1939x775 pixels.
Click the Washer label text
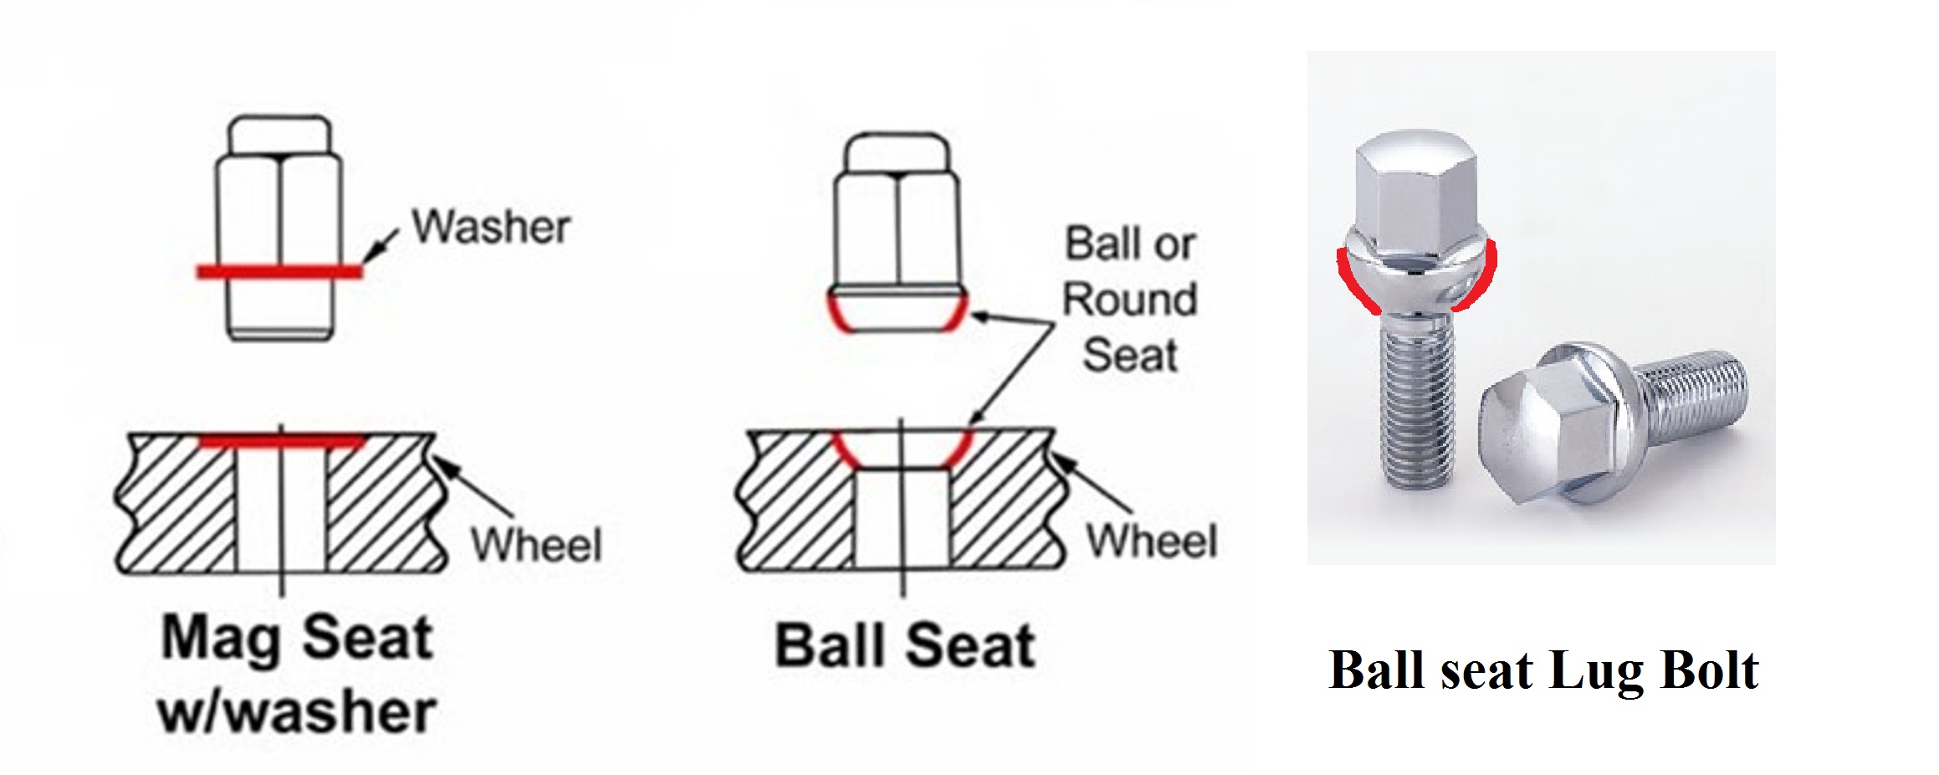(492, 227)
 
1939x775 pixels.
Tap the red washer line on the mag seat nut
(279, 271)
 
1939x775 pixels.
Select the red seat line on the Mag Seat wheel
(282, 440)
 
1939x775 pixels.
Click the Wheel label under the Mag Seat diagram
(536, 545)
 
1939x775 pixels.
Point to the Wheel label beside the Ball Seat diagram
(1151, 541)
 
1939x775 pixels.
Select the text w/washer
(297, 711)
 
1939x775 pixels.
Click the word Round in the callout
(1129, 300)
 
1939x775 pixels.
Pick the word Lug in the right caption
(1594, 672)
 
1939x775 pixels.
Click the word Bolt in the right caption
(1710, 670)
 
